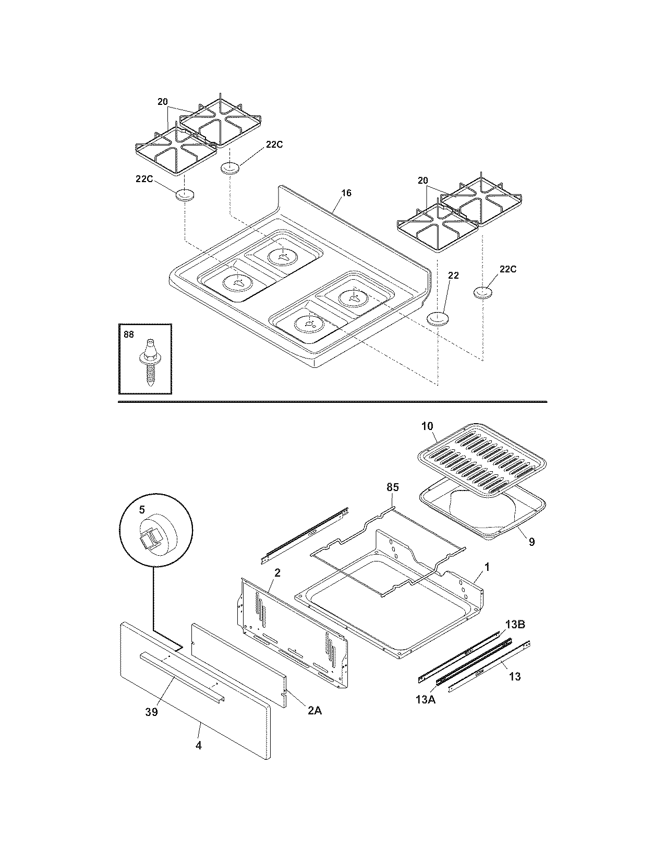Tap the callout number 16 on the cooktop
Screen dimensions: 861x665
346,193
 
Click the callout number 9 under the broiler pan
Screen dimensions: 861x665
531,542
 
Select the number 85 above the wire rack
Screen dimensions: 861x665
392,487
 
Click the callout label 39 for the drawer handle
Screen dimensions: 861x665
151,712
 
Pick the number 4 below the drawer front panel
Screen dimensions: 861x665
198,746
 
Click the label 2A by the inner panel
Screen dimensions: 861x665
314,710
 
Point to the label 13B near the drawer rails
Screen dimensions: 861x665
514,624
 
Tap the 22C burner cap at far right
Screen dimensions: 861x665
483,292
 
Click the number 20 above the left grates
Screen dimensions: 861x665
163,102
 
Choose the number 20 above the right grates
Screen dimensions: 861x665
423,181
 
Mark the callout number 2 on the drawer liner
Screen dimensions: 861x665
277,573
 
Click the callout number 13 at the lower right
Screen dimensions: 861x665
514,677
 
